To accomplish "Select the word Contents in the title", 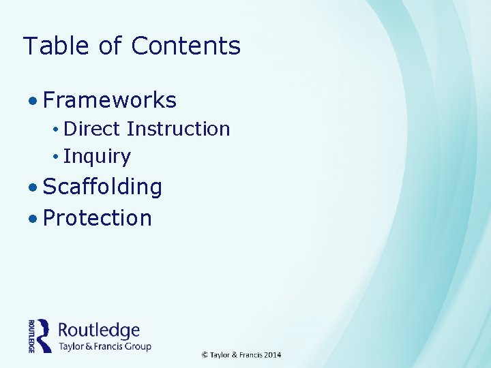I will (x=185, y=46).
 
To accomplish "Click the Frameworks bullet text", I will (x=110, y=101).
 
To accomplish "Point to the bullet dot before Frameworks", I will (x=33, y=102).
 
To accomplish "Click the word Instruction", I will (x=178, y=129).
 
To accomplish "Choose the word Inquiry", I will (x=97, y=157).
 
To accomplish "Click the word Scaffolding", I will (x=102, y=187).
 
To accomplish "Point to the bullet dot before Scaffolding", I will (x=33, y=187).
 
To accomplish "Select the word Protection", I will (x=97, y=218).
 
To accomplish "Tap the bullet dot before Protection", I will (x=33, y=219).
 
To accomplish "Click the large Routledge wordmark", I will (x=99, y=331).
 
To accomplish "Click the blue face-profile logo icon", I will (x=44, y=335).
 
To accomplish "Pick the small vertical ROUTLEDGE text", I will (x=31, y=335).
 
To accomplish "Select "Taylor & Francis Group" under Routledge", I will (x=104, y=346).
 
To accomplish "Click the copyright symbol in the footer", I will (x=205, y=355).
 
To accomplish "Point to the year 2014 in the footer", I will (x=272, y=355).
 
